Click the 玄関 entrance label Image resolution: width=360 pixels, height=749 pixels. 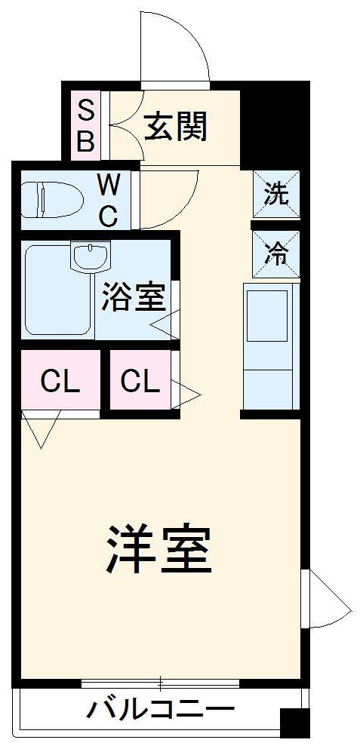(175, 126)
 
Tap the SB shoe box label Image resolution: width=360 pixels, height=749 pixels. (86, 126)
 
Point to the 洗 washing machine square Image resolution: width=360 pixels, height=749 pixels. (275, 194)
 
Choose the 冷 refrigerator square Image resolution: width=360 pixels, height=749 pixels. (275, 254)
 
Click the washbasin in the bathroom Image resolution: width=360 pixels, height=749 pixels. (91, 256)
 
